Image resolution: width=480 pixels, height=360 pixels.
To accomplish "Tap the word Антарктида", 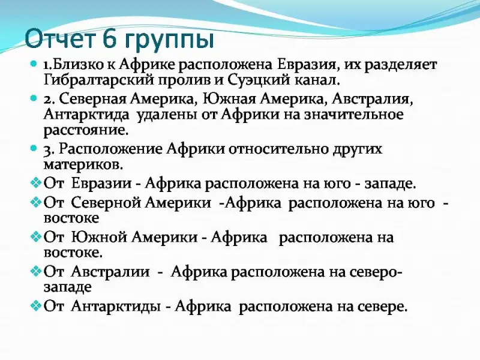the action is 86,115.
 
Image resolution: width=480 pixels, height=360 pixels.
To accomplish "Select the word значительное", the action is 353,115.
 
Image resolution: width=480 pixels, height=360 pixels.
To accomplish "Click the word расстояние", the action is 86,131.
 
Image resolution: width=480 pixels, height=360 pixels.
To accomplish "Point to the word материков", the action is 83,165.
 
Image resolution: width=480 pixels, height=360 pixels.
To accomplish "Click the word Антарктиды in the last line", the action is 116,306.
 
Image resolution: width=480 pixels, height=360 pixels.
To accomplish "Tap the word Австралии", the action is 110,272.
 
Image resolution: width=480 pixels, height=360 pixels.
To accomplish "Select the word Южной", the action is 99,237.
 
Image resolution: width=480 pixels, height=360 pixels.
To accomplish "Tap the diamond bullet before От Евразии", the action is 36,183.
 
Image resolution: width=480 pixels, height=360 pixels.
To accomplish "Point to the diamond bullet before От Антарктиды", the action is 36,305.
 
